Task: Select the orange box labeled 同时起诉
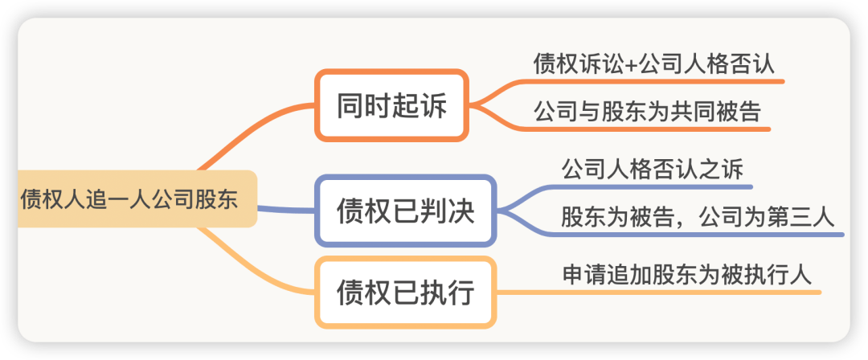coord(392,105)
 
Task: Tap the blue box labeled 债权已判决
coord(406,211)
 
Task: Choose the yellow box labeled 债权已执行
coord(406,292)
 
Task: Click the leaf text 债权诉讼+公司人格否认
coord(653,63)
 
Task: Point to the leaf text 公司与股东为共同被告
coord(647,112)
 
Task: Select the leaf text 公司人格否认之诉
coord(652,170)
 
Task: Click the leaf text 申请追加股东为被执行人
coord(687,276)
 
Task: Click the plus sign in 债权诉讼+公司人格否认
coord(632,65)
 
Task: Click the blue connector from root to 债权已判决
coord(285,210)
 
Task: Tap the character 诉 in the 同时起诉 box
coord(433,105)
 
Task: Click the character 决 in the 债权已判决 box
coord(461,211)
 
